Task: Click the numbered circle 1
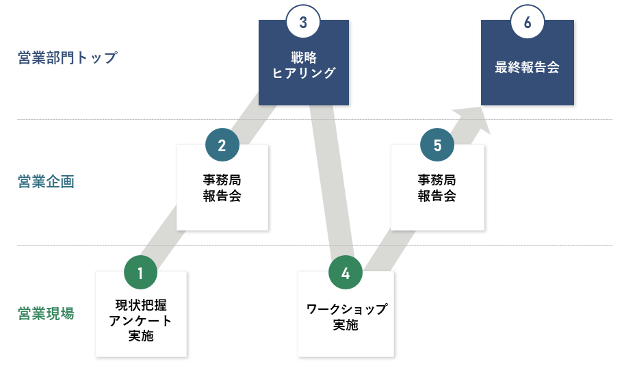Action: click(x=140, y=272)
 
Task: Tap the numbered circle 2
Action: click(x=222, y=145)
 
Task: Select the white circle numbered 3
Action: click(x=303, y=21)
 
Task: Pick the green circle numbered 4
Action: click(x=346, y=272)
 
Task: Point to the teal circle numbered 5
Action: click(x=437, y=145)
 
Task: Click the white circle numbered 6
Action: click(x=528, y=21)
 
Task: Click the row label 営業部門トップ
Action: click(x=68, y=57)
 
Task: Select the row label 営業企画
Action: click(x=46, y=181)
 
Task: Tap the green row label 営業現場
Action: click(x=46, y=313)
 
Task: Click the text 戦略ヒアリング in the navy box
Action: click(x=304, y=65)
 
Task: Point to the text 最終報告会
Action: click(x=528, y=67)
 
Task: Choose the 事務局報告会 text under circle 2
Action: click(x=222, y=187)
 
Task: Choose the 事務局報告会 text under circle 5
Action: click(x=437, y=187)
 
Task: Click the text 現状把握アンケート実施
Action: click(x=140, y=320)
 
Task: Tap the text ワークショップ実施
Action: click(x=346, y=317)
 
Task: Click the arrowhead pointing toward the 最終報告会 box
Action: click(x=476, y=119)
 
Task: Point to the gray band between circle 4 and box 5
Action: click(x=390, y=250)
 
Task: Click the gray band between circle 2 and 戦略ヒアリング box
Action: click(x=252, y=118)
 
